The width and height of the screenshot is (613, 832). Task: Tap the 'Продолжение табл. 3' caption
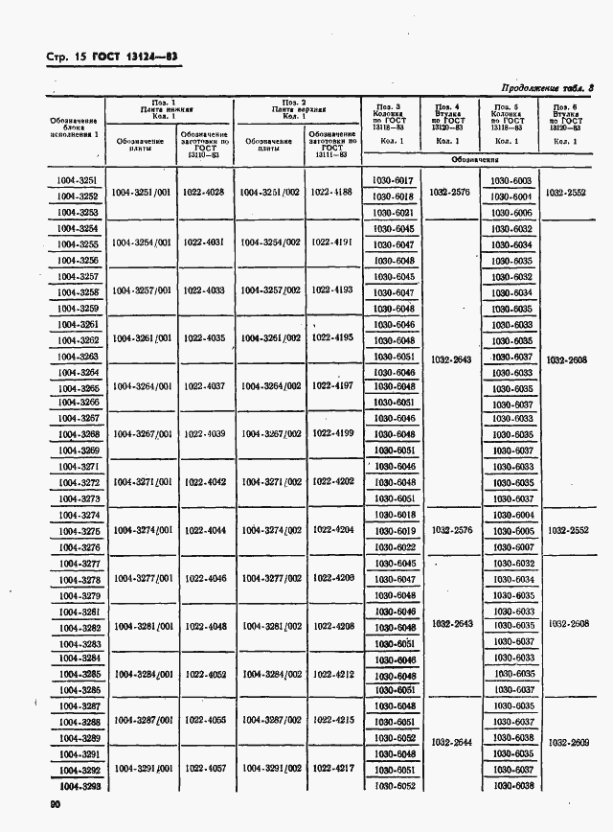(544, 86)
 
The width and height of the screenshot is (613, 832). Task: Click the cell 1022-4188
(332, 193)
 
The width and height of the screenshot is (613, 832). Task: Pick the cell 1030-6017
(392, 180)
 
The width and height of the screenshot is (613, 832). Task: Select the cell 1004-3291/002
(271, 768)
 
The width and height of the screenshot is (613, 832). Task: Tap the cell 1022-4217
(332, 768)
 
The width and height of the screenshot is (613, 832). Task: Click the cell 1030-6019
(392, 531)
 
